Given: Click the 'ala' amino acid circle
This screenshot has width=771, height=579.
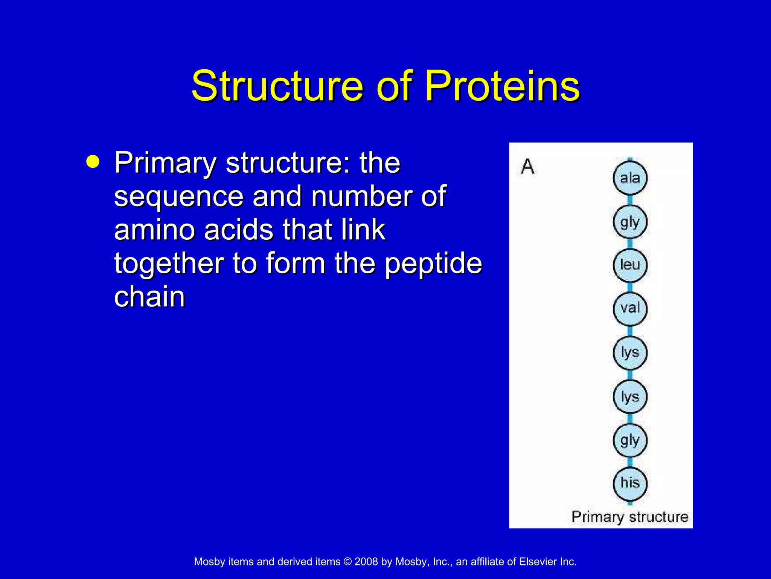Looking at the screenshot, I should click(x=630, y=178).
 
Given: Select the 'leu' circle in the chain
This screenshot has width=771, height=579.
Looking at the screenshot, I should click(x=630, y=265).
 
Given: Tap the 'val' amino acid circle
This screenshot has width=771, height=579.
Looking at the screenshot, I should click(x=630, y=308).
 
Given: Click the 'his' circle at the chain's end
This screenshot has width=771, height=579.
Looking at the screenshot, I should click(x=630, y=483).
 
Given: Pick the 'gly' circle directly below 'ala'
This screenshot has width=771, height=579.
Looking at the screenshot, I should click(x=630, y=222).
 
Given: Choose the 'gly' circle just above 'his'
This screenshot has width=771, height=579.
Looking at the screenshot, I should click(x=630, y=440).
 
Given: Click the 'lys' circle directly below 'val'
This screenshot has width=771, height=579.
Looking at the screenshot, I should click(x=630, y=353).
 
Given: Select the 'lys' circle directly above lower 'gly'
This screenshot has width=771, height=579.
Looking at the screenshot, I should click(x=630, y=397).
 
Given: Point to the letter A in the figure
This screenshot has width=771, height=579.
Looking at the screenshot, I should click(x=527, y=166).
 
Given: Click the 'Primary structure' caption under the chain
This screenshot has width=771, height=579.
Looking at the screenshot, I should click(x=629, y=516).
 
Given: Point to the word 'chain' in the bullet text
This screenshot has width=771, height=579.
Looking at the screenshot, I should click(x=149, y=297).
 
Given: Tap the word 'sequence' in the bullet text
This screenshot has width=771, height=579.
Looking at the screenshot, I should click(x=179, y=196).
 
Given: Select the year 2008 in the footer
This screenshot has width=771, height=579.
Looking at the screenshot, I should click(x=366, y=562).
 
